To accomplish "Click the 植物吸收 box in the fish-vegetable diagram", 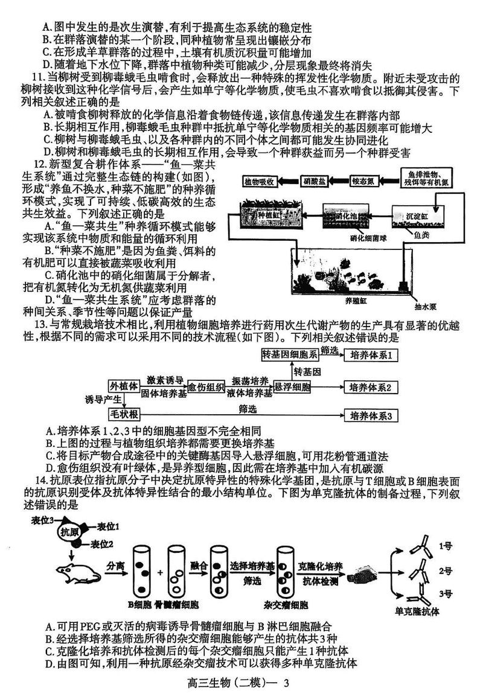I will click(x=260, y=180).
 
